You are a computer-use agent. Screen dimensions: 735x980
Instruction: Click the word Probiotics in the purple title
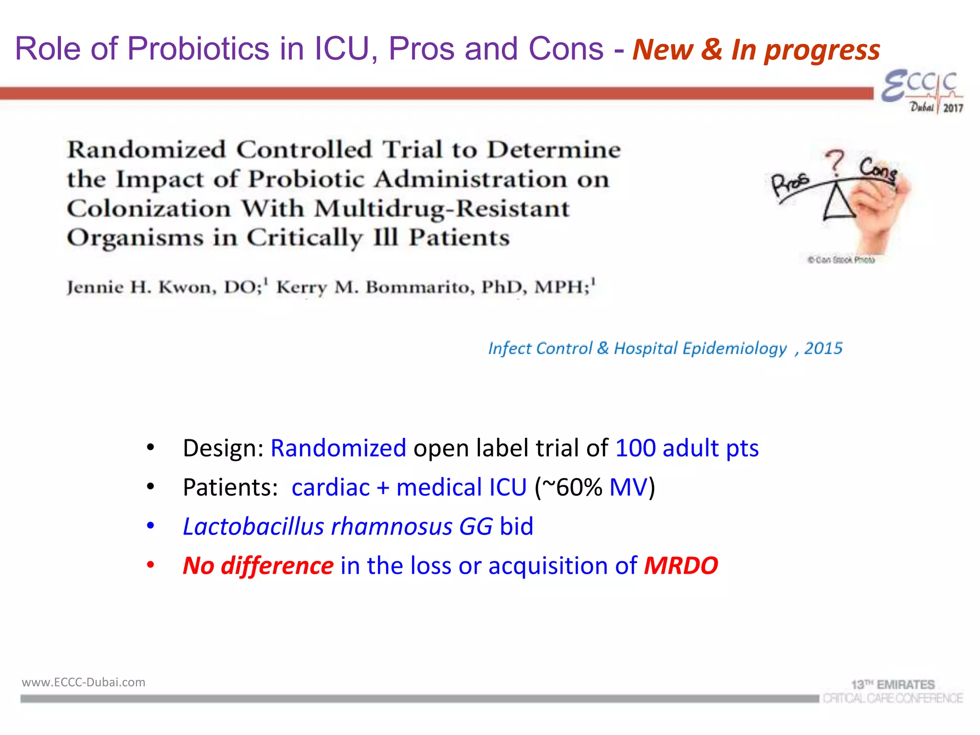click(x=198, y=49)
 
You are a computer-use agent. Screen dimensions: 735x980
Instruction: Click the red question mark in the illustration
click(x=835, y=163)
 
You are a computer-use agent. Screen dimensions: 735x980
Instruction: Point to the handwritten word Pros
click(x=790, y=184)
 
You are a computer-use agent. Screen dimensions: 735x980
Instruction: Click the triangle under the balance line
click(x=838, y=203)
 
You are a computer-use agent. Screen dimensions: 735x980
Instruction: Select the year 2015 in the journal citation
click(x=823, y=348)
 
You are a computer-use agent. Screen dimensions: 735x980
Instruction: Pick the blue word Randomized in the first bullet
click(x=338, y=448)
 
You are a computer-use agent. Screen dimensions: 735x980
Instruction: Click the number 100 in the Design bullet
click(x=635, y=448)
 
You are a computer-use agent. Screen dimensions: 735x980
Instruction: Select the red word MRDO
click(x=681, y=566)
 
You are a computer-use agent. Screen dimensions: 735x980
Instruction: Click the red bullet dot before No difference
click(x=150, y=565)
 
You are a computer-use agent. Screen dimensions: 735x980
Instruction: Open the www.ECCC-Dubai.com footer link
click(x=84, y=682)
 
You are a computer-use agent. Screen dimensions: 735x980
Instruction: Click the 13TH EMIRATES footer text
click(x=892, y=685)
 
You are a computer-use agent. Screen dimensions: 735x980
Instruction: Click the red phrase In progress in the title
click(x=805, y=50)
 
